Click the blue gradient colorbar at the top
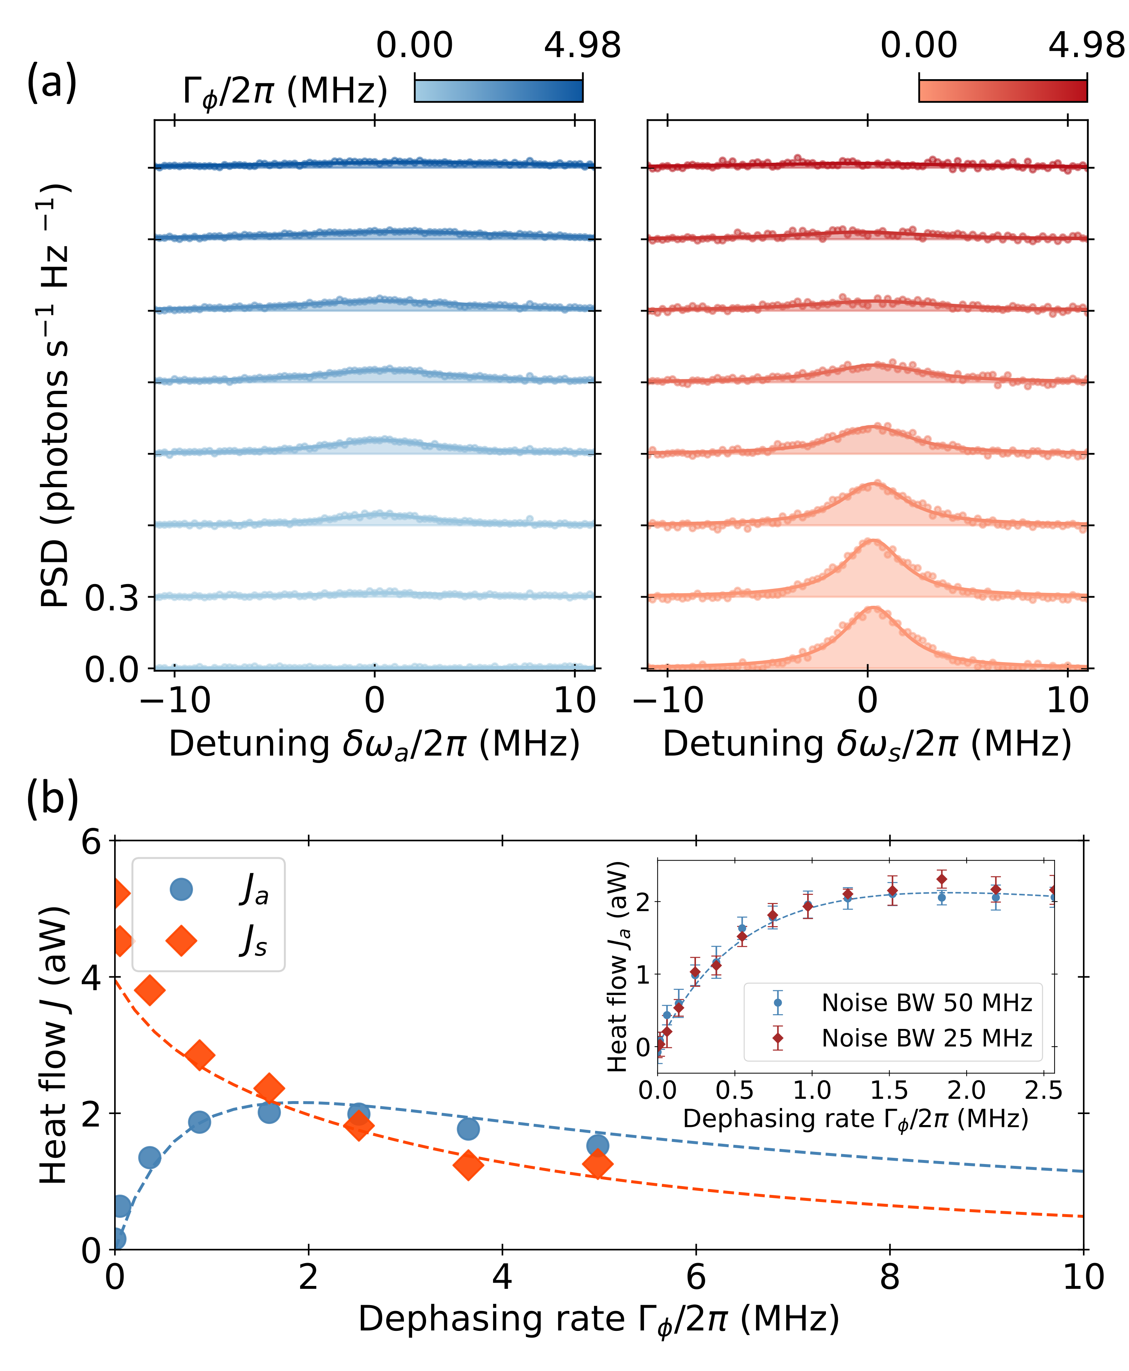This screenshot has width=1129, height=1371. (x=498, y=91)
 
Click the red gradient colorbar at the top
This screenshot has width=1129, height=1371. (x=1002, y=91)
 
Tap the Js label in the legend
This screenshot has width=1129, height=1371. (x=254, y=941)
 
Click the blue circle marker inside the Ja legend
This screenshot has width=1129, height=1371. (x=182, y=889)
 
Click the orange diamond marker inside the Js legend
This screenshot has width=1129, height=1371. (x=182, y=941)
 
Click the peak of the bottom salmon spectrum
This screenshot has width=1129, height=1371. (x=875, y=609)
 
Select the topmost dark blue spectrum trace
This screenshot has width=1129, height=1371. (x=374, y=163)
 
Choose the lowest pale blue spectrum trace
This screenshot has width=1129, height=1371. (x=374, y=666)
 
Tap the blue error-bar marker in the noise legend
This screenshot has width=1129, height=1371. (x=778, y=1003)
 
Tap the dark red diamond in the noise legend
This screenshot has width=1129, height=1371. (x=778, y=1038)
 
